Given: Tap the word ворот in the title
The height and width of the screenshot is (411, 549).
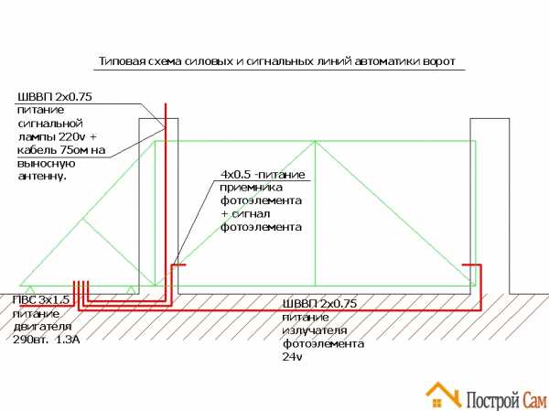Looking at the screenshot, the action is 438,61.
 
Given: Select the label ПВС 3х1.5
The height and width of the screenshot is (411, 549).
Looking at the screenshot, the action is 40,300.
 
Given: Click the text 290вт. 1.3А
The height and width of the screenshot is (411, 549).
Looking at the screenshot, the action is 47,340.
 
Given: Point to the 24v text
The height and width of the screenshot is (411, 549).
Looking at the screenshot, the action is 292,357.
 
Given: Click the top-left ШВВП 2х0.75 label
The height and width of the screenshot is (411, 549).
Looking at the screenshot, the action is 54,97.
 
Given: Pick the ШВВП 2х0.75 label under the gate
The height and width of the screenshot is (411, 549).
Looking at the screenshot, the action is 319,303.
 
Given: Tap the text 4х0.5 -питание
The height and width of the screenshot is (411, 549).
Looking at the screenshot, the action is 263,175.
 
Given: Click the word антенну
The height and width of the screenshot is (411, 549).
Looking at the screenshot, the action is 42,177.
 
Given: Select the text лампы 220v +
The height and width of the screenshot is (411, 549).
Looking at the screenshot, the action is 57,136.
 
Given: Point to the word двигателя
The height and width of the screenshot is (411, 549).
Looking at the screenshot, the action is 42,327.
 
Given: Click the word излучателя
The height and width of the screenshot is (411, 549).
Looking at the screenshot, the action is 315,330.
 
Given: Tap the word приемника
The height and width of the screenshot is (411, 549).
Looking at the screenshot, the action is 251,188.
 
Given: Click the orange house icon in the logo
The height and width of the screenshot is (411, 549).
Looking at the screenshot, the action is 443,395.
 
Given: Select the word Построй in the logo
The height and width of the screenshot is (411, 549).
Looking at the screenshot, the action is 493,399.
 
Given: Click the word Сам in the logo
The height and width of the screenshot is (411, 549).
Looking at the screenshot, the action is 534,399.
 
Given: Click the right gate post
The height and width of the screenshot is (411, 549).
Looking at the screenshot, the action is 490,206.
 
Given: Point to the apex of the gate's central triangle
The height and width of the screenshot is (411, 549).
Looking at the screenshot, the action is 315,141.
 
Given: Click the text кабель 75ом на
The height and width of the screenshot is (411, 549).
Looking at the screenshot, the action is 61,150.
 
